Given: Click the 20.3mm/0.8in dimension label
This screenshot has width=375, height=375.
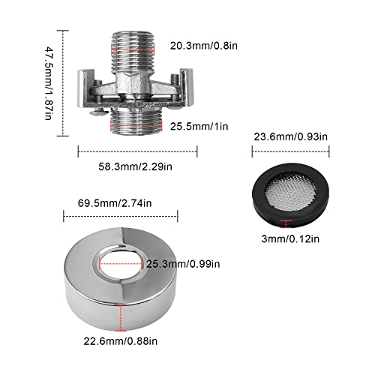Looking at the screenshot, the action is pos(204,46).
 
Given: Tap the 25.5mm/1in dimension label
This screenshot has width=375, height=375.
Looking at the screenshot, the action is pos(199,126).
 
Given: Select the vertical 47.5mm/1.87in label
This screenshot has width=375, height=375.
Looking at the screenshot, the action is pos(48,83).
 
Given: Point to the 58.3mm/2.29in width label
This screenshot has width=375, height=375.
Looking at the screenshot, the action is pos(135,166).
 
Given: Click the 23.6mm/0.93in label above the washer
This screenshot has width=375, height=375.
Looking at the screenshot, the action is pos(290,136).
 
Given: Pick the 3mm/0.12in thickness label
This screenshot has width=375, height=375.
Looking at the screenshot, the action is pos(290,238).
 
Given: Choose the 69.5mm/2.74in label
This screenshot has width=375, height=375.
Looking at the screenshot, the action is pos(115,203).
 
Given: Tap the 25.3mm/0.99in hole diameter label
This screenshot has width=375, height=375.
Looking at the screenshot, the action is pos(183,264).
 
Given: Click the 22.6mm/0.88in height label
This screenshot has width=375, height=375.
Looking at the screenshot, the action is pos(121,341).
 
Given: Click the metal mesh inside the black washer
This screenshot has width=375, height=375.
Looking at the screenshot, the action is pos(290,193).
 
